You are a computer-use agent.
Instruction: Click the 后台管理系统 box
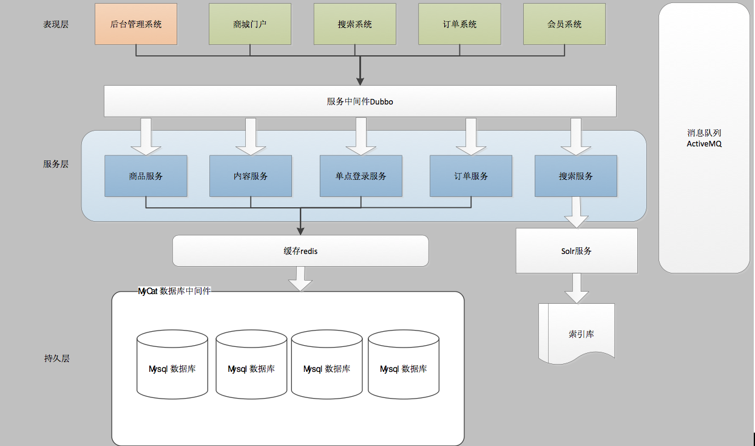pos(136,24)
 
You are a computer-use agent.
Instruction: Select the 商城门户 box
pos(250,24)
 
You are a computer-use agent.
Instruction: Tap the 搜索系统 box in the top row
pos(355,24)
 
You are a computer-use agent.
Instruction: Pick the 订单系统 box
pos(459,24)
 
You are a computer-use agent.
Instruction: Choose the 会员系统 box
pos(564,24)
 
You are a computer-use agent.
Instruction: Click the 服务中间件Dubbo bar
pos(360,101)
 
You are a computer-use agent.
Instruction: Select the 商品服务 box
pos(146,176)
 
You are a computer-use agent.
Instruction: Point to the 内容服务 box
pos(251,176)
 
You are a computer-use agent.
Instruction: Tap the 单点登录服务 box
pos(361,176)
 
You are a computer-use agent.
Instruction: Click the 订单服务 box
pos(471,176)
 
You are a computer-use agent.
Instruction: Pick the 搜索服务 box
pos(576,176)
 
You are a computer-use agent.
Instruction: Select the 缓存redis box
pos(300,251)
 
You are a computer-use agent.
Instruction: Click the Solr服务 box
pos(577,251)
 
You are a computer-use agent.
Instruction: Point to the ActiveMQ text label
pos(704,144)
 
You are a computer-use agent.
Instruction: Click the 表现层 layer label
pos(56,24)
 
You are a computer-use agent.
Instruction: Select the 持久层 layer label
pos(56,359)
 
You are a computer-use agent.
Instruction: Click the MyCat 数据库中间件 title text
pos(174,291)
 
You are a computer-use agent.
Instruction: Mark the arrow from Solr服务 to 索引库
pos(577,289)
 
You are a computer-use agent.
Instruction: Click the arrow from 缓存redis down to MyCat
pos(300,279)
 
